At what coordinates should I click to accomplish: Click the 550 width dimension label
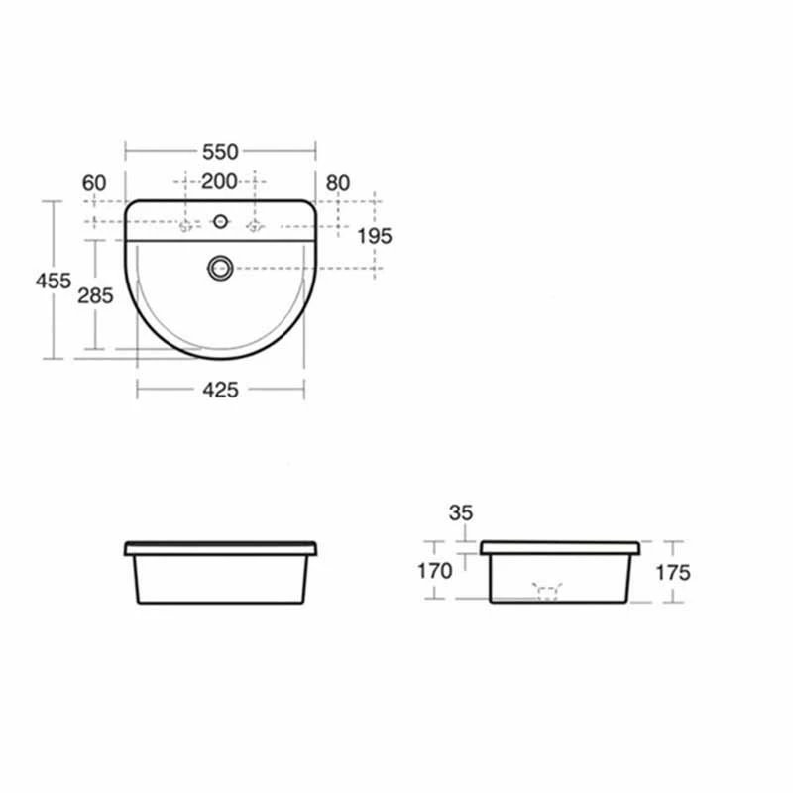tap(220, 152)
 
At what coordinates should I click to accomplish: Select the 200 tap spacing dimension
tap(219, 181)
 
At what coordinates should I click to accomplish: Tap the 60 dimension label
tap(94, 182)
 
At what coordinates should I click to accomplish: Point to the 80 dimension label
tap(338, 182)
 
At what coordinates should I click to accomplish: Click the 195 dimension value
tap(375, 235)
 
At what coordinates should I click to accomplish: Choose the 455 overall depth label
tap(53, 281)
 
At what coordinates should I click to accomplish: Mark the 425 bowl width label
tap(220, 390)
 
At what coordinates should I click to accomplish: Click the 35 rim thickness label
tap(460, 512)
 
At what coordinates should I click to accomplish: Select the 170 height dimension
tap(435, 571)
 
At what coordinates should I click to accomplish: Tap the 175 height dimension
tap(672, 572)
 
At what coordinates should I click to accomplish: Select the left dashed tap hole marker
tap(184, 226)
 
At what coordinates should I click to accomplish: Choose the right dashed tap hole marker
tap(255, 226)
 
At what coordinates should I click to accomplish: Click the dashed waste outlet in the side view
tap(547, 592)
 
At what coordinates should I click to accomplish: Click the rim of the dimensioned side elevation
tap(560, 547)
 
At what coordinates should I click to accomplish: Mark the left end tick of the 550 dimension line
tap(125, 151)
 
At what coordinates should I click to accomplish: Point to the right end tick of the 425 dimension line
tap(304, 389)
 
